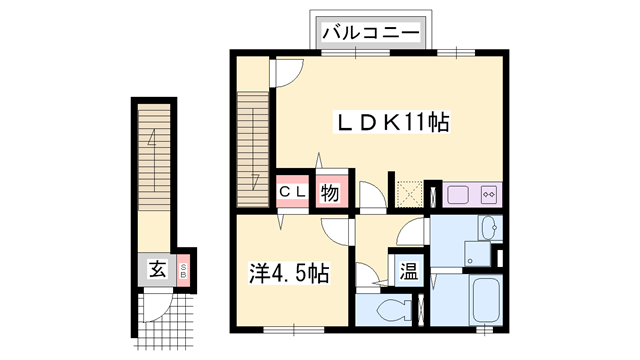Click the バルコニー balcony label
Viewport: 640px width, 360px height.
pyautogui.click(x=370, y=33)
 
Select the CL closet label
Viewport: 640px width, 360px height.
pyautogui.click(x=292, y=190)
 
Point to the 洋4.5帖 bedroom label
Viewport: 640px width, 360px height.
pyautogui.click(x=289, y=272)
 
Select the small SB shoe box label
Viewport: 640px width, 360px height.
pyautogui.click(x=184, y=268)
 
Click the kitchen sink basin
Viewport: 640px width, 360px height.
pyautogui.click(x=457, y=193)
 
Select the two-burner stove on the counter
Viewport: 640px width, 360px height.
pyautogui.click(x=489, y=193)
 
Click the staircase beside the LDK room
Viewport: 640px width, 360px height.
pyautogui.click(x=254, y=140)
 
